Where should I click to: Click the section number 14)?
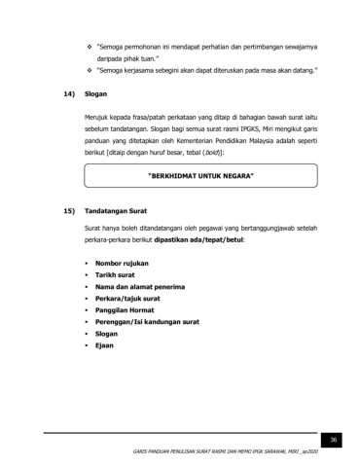point(68,97)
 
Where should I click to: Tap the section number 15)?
point(68,210)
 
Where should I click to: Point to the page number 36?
point(332,440)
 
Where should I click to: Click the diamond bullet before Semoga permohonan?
point(90,47)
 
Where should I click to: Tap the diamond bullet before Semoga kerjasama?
point(90,71)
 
